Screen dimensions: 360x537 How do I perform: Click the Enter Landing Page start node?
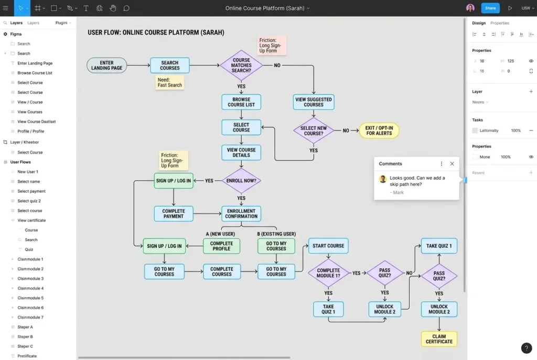[x=106, y=65]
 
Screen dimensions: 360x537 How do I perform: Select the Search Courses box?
[x=169, y=65]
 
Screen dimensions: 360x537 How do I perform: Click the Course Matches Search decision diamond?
[x=241, y=66]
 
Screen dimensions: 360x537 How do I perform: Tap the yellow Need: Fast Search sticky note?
[x=170, y=82]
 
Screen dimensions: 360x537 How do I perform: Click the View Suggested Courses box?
[x=314, y=102]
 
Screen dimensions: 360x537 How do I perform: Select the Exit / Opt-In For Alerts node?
[x=379, y=130]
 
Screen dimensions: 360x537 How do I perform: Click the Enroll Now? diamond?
[x=241, y=180]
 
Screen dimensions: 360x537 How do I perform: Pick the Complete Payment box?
[x=174, y=213]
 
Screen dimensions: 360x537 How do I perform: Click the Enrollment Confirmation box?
[x=241, y=213]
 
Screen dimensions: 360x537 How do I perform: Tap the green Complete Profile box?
[x=221, y=246]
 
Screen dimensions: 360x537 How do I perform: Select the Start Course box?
[x=328, y=246]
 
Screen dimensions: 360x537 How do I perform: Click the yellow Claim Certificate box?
[x=439, y=339]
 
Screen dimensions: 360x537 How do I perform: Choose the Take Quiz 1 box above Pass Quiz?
[x=439, y=246]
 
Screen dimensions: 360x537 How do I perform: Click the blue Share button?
[x=490, y=8]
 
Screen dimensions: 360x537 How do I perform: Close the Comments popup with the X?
[x=452, y=163]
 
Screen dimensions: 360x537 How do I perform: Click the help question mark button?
[x=527, y=348]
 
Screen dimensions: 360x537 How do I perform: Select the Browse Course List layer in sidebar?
[x=35, y=73]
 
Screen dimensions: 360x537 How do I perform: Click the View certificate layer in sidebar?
[x=31, y=220]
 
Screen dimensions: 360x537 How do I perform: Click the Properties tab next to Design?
[x=499, y=23]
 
